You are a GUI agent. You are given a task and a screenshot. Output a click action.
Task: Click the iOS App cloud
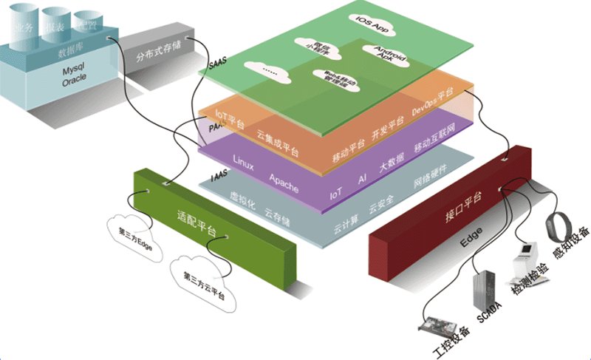(x=371, y=22)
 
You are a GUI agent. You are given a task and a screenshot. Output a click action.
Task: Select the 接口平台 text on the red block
(x=463, y=198)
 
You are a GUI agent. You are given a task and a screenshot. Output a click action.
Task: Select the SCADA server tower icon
(x=481, y=293)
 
